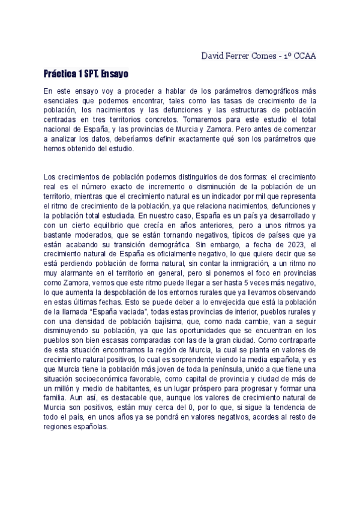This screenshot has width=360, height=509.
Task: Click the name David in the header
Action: pyautogui.click(x=214, y=56)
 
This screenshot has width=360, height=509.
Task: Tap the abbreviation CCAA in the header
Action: pyautogui.click(x=303, y=56)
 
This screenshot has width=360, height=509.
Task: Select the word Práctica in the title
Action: pyautogui.click(x=60, y=74)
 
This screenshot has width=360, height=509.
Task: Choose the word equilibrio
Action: pyautogui.click(x=98, y=225)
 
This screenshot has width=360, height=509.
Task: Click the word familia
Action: pyautogui.click(x=58, y=399)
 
